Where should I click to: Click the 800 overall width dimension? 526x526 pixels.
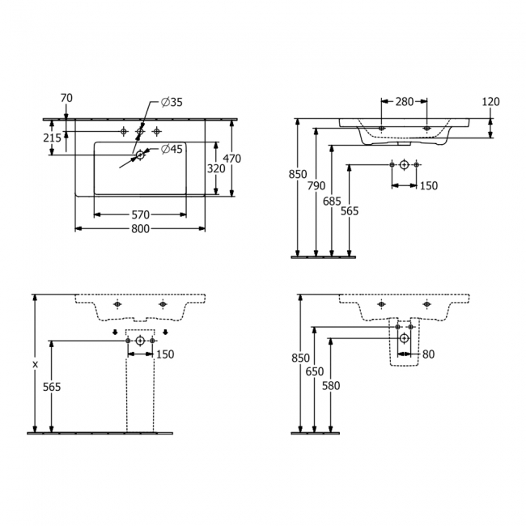pos(140,228)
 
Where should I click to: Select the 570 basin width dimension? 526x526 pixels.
pos(140,214)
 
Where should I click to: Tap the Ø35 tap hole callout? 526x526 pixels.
pos(172,102)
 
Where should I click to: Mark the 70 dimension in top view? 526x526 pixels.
pos(66,98)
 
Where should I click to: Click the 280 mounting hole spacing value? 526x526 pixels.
pos(404,102)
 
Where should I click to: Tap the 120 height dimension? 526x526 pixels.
pos(490,102)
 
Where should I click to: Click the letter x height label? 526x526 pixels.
pos(34,365)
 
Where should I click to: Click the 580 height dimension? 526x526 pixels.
pos(331,385)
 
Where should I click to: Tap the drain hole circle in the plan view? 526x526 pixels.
pos(140,154)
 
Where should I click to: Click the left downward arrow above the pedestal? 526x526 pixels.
pos(115,331)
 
